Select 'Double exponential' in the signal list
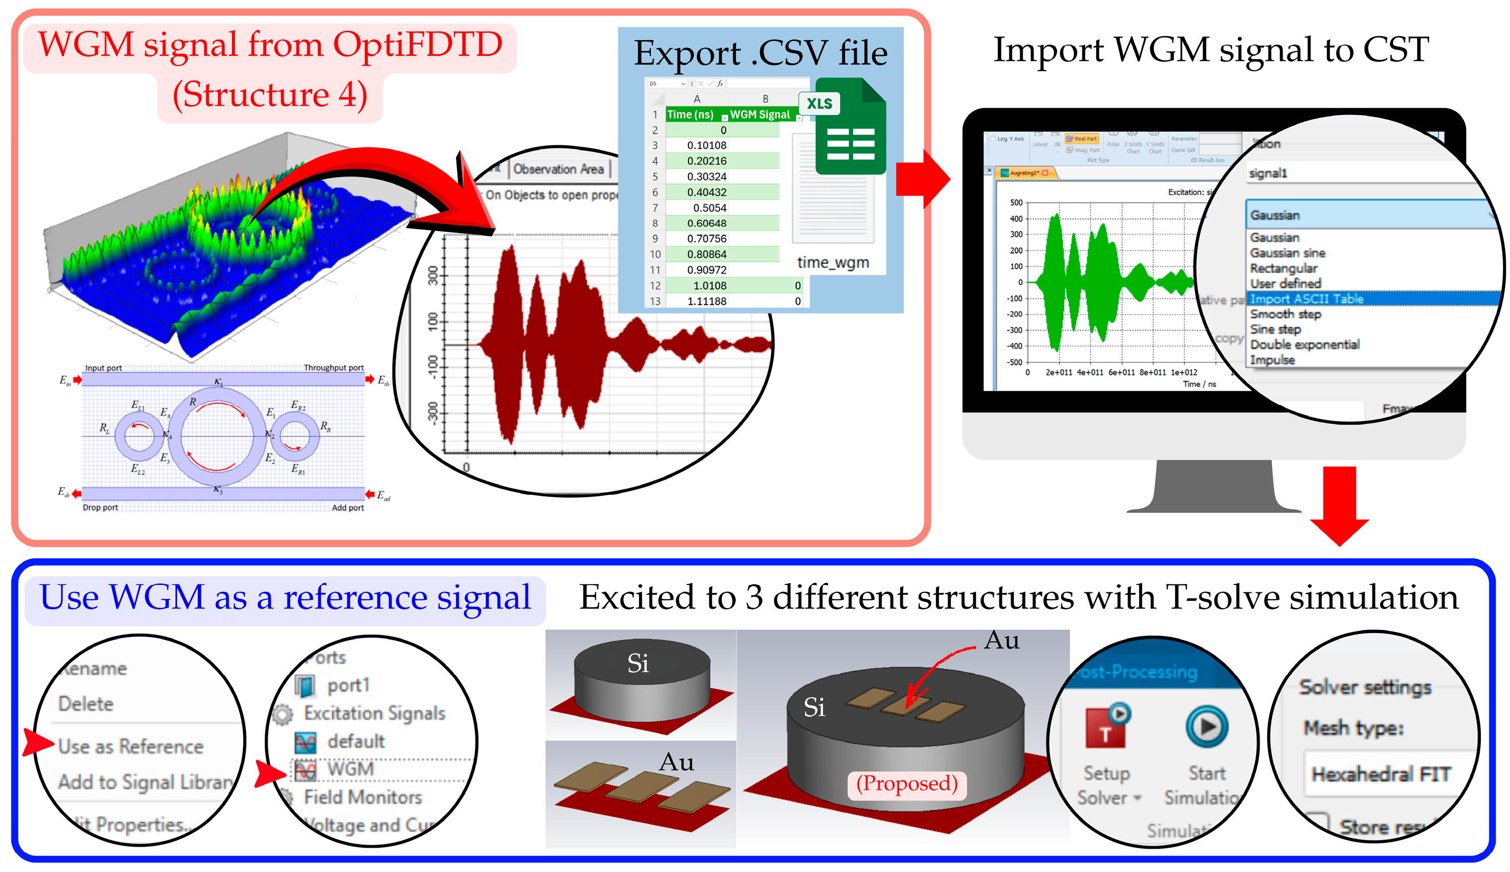coord(1305,345)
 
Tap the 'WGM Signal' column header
coord(760,115)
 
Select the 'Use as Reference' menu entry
coord(130,746)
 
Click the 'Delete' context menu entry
coord(86,704)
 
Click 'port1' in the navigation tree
coord(348,685)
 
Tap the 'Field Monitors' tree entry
coord(363,797)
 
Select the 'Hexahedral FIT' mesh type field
coord(1381,774)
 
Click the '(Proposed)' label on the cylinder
coord(907,783)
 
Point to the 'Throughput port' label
coord(334,368)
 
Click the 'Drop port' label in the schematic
coord(100,507)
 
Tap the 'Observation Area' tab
coord(558,170)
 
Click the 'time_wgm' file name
coord(833,262)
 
